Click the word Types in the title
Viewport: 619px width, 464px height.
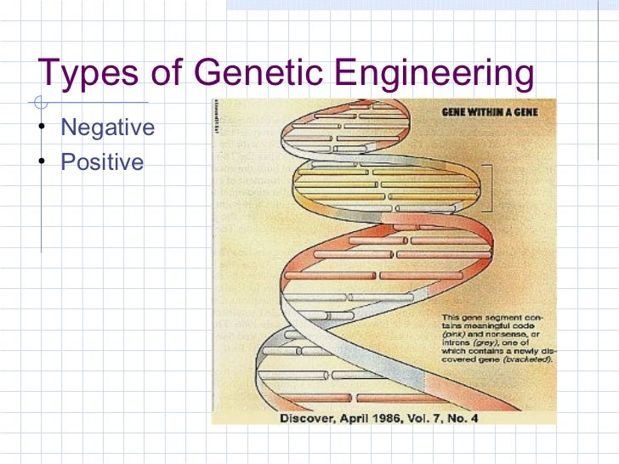[89, 75]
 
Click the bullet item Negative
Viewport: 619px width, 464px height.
[108, 128]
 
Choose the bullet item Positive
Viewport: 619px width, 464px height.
[103, 161]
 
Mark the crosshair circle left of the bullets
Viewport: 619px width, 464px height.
[39, 104]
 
